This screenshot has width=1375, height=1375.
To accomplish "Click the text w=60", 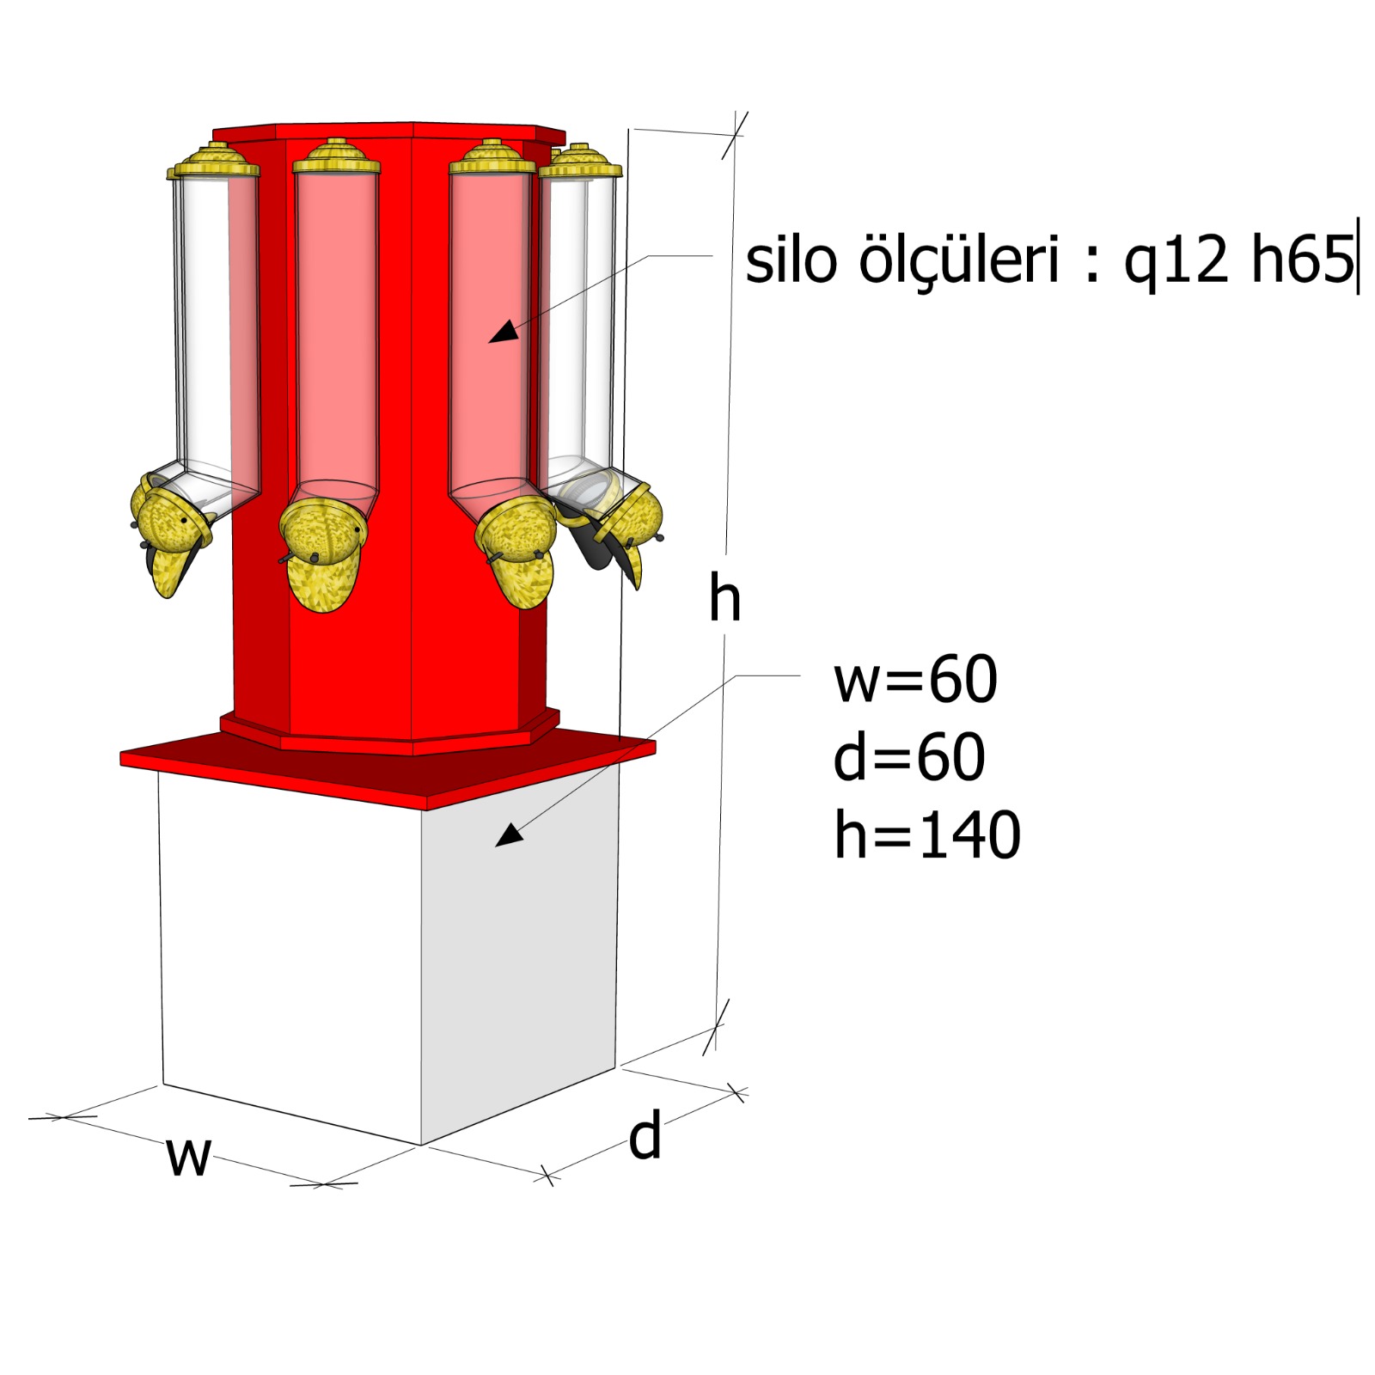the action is pyautogui.click(x=915, y=679).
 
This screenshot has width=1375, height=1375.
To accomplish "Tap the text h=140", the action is pyautogui.click(x=927, y=834).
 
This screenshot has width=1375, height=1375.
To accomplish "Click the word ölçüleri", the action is pyautogui.click(x=958, y=260).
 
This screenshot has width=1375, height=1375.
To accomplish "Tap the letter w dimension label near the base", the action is pyautogui.click(x=188, y=1156).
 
